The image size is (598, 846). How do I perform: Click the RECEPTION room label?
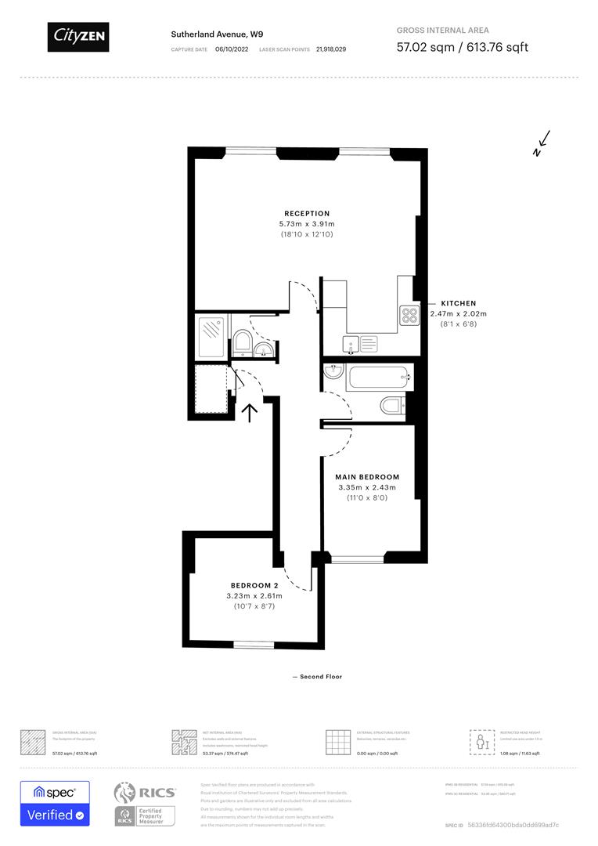(x=307, y=213)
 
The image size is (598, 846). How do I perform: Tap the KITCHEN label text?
(x=458, y=303)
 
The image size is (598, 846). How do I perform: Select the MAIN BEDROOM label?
(x=367, y=477)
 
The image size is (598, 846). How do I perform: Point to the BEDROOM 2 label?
(x=254, y=586)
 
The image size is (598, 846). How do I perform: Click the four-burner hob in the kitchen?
(x=409, y=315)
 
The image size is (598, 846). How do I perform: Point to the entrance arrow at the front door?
(x=250, y=412)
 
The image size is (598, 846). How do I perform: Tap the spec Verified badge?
(x=55, y=804)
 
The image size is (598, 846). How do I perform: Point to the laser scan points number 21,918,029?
(x=331, y=49)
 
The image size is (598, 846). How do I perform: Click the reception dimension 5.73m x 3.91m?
(x=307, y=224)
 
